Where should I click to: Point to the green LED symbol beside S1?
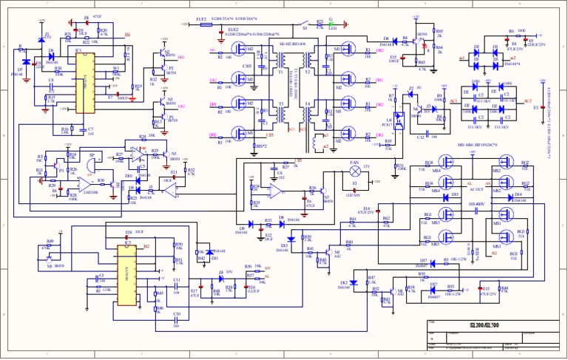[x=331, y=24]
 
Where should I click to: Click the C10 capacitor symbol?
[x=177, y=320]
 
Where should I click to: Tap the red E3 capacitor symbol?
[x=544, y=106]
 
